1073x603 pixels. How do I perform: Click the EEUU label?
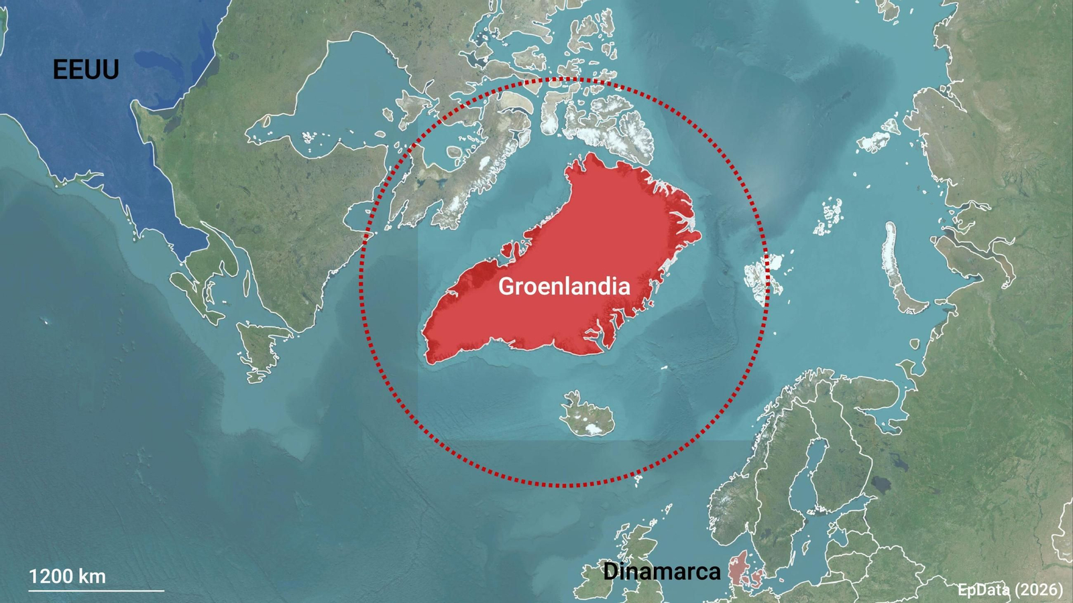pos(86,70)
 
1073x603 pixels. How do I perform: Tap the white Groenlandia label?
pos(564,286)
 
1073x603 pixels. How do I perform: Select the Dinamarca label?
pos(661,572)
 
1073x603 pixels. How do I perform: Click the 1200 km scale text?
pos(67,576)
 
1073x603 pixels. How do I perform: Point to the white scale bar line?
pos(96,591)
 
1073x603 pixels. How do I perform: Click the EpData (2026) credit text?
pos(1010,590)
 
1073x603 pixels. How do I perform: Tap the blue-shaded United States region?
pos(101,134)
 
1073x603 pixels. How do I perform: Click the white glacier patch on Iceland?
pos(591,427)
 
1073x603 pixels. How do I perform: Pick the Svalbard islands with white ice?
pos(765,275)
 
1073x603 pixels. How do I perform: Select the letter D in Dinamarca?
pos(610,572)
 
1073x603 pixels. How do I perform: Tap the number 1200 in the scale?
pos(51,576)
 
